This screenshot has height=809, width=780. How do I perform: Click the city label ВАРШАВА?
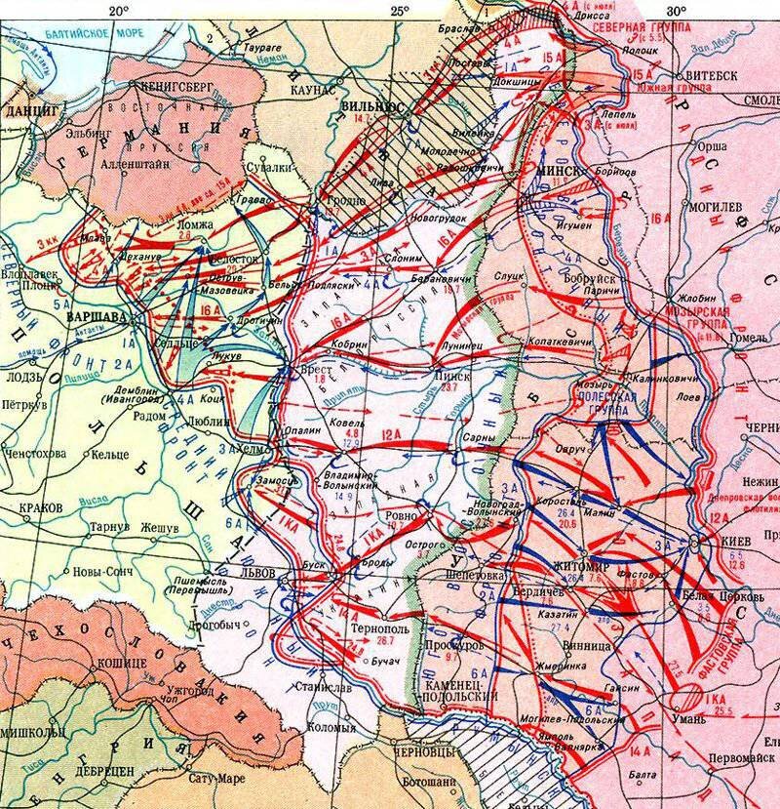(92, 318)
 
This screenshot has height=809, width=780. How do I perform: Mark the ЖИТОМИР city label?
(582, 566)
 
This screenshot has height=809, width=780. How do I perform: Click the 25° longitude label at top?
(399, 11)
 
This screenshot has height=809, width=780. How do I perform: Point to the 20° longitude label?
(118, 11)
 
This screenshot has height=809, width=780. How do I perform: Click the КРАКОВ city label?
(40, 508)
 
